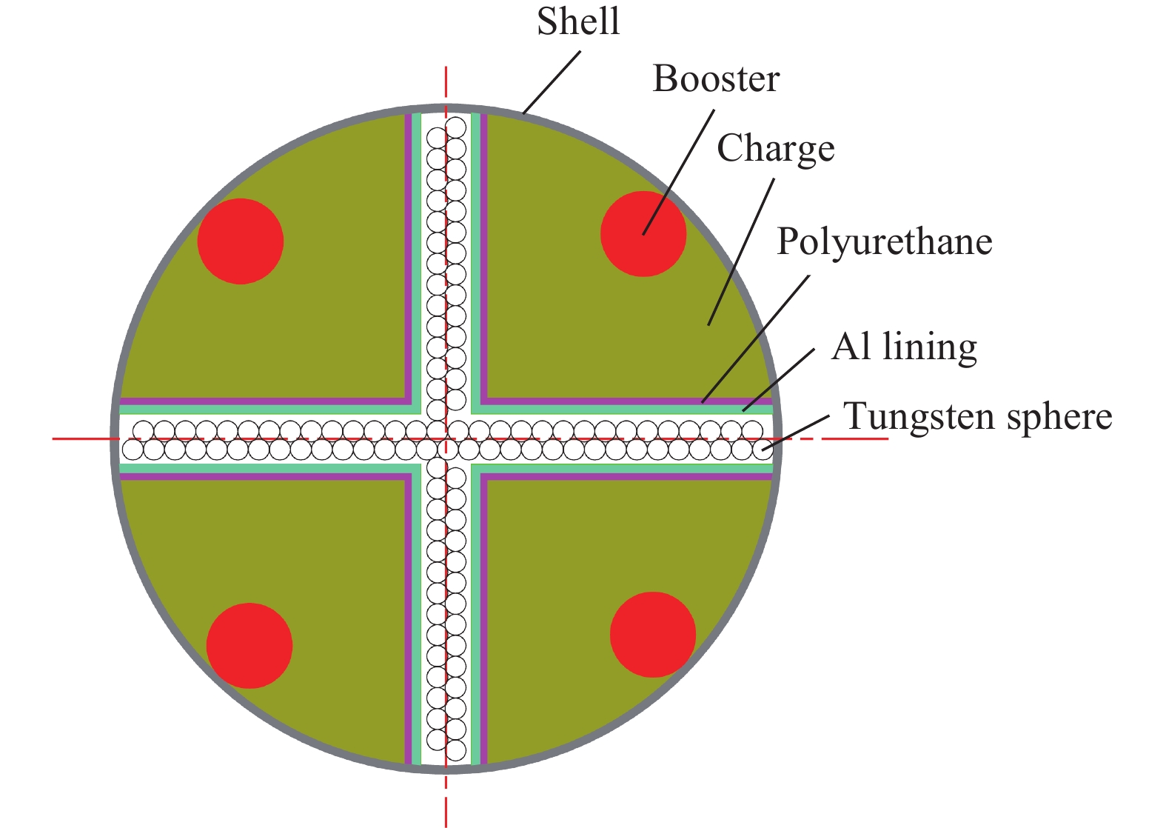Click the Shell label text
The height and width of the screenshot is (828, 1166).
click(x=578, y=22)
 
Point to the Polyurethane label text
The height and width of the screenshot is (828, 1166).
click(x=885, y=243)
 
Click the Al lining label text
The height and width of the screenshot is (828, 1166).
click(x=904, y=347)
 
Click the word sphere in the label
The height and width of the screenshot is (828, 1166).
click(x=1060, y=418)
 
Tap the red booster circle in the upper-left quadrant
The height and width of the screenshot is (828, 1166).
click(x=240, y=241)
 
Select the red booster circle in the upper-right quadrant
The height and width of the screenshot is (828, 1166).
click(x=643, y=234)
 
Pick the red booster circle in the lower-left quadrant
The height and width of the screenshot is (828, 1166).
click(x=249, y=646)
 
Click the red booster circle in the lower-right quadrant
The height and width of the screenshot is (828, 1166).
click(x=653, y=635)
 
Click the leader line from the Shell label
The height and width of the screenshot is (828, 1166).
click(x=552, y=82)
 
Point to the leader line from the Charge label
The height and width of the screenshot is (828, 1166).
click(x=741, y=252)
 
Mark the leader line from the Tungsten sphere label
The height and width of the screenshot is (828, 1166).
click(x=796, y=433)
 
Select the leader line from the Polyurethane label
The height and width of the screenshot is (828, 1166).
click(x=755, y=339)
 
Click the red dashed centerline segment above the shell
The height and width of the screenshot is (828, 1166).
click(x=446, y=86)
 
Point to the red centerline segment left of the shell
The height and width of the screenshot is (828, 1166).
click(x=82, y=439)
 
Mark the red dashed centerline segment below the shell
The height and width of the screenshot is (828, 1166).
click(x=446, y=801)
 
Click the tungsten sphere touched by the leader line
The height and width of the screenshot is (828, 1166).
click(x=763, y=450)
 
